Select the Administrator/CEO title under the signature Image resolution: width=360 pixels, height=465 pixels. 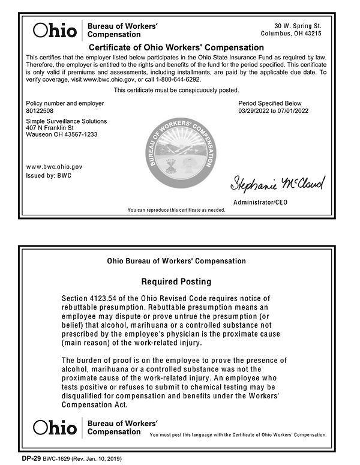(260, 203)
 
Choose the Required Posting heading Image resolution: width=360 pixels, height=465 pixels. (176, 281)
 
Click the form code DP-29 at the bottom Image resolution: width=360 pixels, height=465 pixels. (31, 459)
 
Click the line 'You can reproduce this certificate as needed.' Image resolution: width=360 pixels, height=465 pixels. (176, 210)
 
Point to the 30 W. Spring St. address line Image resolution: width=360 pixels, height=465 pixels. (298, 26)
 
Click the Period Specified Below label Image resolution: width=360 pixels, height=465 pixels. (270, 103)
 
